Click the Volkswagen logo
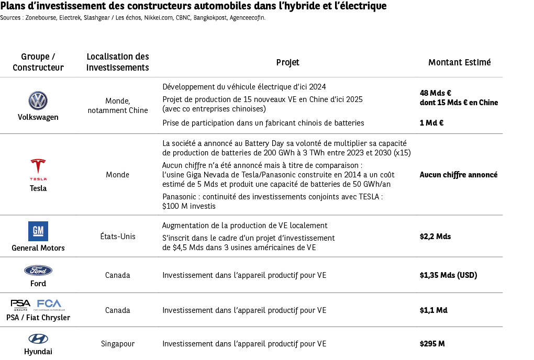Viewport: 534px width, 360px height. (38, 100)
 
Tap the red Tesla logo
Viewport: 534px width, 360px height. (38, 167)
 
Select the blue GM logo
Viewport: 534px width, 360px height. (38, 231)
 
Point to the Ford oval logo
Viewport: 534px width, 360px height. (38, 271)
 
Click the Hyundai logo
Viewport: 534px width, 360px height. (38, 339)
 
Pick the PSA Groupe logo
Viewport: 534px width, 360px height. (21, 304)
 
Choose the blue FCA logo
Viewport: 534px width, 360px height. (49, 304)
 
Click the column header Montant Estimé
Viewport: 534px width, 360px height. (459, 62)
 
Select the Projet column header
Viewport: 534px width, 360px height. (287, 62)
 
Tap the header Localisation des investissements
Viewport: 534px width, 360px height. (117, 62)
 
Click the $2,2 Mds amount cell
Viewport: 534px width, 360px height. (435, 237)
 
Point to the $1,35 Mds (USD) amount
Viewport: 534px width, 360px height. (448, 275)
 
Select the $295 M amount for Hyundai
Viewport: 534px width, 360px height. (432, 344)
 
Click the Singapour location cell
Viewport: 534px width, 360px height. (117, 344)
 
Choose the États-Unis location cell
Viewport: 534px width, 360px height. (117, 237)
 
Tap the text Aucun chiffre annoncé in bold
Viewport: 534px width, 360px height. (458, 175)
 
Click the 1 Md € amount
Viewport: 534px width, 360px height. (431, 123)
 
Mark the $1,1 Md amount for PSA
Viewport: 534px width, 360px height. (433, 310)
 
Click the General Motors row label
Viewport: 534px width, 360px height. (38, 248)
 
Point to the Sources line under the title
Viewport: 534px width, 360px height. (133, 18)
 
